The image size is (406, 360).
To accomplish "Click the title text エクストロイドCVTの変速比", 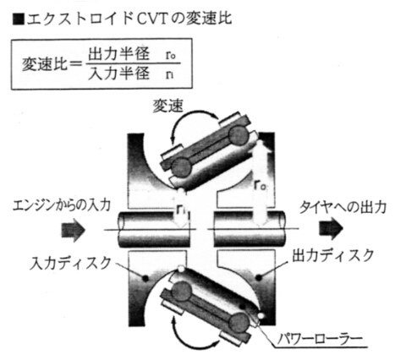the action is coord(129,19).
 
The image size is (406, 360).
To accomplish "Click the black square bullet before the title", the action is coord(19,19).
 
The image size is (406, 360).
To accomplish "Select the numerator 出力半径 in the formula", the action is coord(118,53).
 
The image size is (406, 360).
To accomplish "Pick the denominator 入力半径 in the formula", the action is coord(118,74).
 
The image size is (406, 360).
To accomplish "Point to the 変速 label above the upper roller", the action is coord(168,106).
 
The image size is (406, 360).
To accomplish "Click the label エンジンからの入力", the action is coord(62,205).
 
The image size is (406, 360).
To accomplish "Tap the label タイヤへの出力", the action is coord(343,207).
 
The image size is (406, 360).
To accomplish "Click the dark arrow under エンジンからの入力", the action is coord(74,230).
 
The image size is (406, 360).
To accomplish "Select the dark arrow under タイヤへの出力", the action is coord(331,228).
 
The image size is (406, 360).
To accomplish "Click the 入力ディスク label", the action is coord(70,263).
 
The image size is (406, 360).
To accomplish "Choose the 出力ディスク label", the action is coord(332,255).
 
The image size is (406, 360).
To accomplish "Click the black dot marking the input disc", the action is coord(145,278).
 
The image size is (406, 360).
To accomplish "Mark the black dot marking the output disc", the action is coord(259,277).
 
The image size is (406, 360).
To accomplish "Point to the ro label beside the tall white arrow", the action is coord(261,185).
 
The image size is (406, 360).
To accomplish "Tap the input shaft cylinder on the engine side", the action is coord(154,229).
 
